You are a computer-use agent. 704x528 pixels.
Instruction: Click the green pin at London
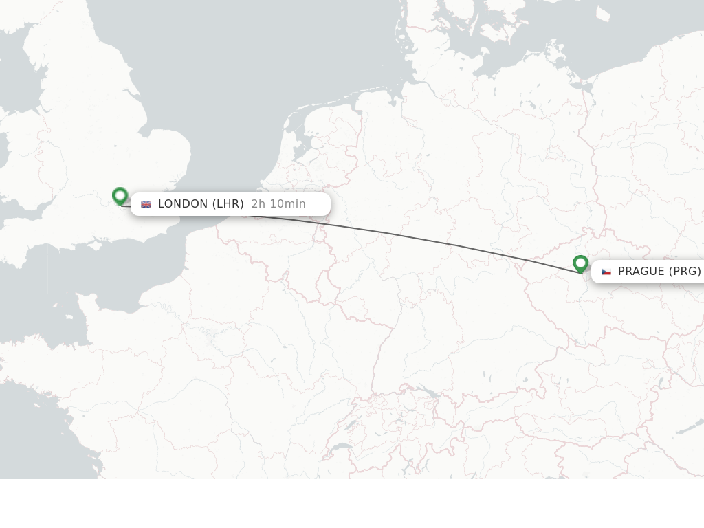tap(120, 196)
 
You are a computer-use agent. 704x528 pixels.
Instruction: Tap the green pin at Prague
tap(580, 263)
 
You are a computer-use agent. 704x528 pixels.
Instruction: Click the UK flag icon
tap(146, 204)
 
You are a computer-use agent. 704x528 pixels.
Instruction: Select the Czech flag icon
tap(606, 272)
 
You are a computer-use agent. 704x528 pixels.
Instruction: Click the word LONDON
tap(183, 204)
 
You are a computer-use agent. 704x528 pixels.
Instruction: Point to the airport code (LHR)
tap(228, 204)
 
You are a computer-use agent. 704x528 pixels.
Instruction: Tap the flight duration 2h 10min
tap(278, 204)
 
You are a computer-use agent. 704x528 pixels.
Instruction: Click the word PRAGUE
tap(641, 272)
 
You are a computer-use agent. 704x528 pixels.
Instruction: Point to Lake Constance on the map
tap(428, 393)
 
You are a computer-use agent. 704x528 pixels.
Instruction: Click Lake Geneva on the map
tap(339, 447)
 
